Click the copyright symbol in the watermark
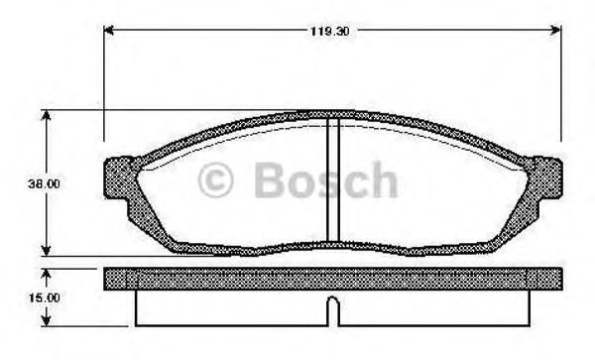[x=216, y=181]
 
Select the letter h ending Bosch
[x=382, y=181]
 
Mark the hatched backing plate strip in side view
[x=333, y=277]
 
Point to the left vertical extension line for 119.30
[x=105, y=89]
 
